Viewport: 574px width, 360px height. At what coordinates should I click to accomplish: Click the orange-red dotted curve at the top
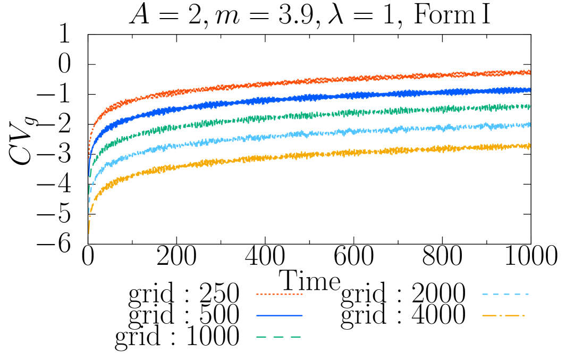pyautogui.click(x=319, y=80)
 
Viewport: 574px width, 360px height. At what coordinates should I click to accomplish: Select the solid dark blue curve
pyautogui.click(x=319, y=97)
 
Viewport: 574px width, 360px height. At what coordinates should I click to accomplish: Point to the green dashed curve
pyautogui.click(x=319, y=114)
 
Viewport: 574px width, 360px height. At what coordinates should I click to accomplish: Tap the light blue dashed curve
pyautogui.click(x=319, y=133)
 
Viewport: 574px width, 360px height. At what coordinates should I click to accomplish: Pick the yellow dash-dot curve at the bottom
pyautogui.click(x=319, y=154)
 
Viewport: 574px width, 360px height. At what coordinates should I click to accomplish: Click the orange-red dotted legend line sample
pyautogui.click(x=279, y=294)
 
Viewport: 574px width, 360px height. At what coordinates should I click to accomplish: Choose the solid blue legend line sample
pyautogui.click(x=279, y=315)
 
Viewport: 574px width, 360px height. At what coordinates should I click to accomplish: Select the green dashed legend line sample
pyautogui.click(x=279, y=337)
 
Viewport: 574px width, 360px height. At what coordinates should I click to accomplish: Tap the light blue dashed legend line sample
pyautogui.click(x=505, y=294)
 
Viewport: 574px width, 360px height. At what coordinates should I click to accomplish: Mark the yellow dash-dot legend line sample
pyautogui.click(x=503, y=315)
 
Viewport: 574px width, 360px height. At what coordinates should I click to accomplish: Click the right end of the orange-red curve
pyautogui.click(x=530, y=72)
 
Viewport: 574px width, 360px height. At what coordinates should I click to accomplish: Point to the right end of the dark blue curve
pyautogui.click(x=530, y=90)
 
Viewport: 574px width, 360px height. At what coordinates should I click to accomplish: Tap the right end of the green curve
pyautogui.click(x=530, y=106)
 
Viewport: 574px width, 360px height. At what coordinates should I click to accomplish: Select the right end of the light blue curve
pyautogui.click(x=530, y=124)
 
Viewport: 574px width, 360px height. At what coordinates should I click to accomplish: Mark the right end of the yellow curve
pyautogui.click(x=530, y=145)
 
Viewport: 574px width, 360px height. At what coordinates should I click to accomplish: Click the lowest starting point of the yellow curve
pyautogui.click(x=89, y=232)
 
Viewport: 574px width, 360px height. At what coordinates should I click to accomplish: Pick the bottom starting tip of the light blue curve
pyautogui.click(x=89, y=212)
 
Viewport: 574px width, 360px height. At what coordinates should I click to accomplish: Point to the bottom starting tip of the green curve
pyautogui.click(x=89, y=192)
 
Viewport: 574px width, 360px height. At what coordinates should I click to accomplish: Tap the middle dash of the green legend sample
pyautogui.click(x=278, y=337)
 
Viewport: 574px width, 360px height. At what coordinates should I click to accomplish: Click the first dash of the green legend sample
pyautogui.click(x=261, y=337)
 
